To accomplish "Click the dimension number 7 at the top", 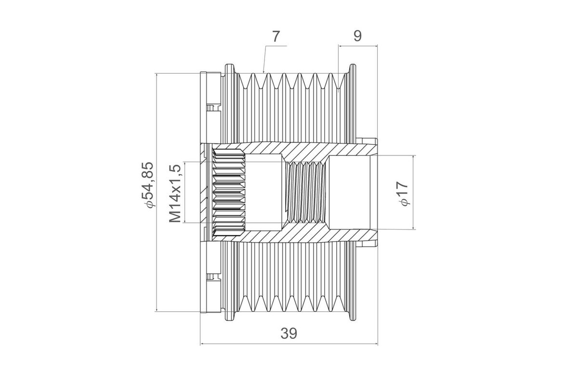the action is (x=276, y=37).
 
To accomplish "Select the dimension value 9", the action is (x=357, y=36).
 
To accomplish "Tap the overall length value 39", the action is (x=289, y=334).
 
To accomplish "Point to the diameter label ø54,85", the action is (x=148, y=185).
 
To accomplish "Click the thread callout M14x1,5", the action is (x=175, y=193).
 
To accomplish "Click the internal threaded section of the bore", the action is (x=306, y=192).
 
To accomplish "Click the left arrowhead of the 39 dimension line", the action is (x=202, y=344).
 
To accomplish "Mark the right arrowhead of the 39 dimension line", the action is (x=376, y=344).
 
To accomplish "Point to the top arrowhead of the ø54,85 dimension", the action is (x=157, y=76).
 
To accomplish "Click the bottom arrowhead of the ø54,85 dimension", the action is (x=157, y=309).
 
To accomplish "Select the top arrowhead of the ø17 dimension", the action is (x=413, y=157).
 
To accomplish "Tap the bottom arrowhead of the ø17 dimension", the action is (x=413, y=227).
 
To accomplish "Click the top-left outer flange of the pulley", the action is (x=230, y=70).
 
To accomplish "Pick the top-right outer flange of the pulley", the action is (x=352, y=70).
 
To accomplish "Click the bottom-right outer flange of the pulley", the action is (x=352, y=314).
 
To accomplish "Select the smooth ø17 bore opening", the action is (x=350, y=192).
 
